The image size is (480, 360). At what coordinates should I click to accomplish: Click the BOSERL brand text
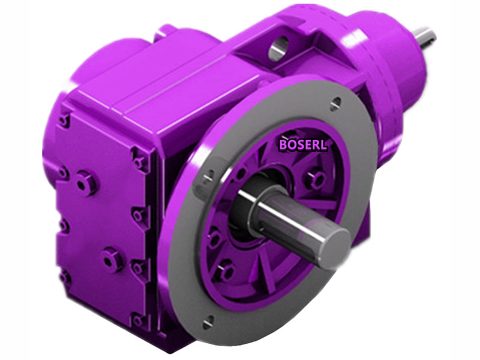(303, 144)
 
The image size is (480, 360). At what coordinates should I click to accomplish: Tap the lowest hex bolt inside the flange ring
(225, 272)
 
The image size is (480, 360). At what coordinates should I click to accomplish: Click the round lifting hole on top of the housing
(277, 49)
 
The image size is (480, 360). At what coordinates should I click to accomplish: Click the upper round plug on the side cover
(86, 182)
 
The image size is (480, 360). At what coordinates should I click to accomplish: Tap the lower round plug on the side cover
(112, 259)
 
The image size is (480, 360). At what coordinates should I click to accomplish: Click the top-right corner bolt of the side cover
(140, 161)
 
